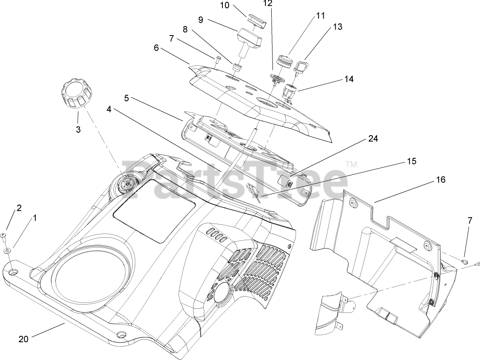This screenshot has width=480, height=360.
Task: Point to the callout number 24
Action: [373, 139]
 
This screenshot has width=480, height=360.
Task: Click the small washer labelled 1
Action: [7, 251]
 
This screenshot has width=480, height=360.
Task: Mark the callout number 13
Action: [338, 27]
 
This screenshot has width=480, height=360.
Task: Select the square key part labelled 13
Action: [300, 65]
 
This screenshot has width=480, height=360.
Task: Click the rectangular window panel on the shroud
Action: [154, 210]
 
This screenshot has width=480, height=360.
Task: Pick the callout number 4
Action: [109, 110]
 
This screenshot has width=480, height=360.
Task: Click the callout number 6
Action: [156, 48]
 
